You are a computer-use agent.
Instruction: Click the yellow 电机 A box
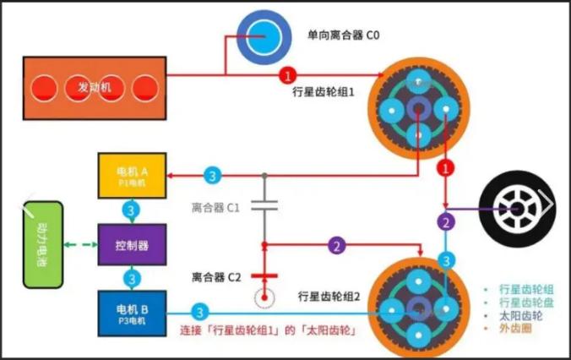tap(132, 175)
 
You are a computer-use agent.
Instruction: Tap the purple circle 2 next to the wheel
tap(445, 222)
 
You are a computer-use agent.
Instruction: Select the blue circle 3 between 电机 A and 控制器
tap(132, 209)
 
